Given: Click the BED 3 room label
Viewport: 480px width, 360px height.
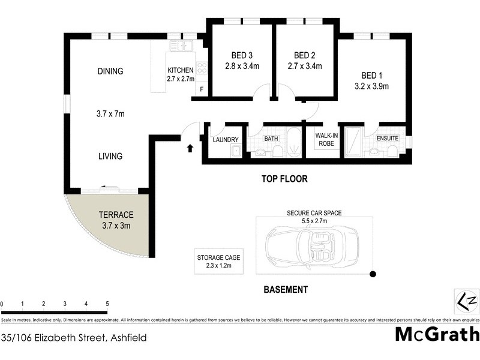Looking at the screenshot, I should coord(240,55).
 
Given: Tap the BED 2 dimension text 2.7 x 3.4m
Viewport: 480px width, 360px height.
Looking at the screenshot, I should coord(305,67).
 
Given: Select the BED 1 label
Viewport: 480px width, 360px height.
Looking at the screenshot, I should coord(371,75).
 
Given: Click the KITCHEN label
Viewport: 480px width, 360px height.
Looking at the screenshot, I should coord(180,70).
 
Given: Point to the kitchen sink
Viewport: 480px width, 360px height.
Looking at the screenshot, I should coord(180,46).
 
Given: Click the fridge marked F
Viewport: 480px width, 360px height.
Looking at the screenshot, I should coord(201,90).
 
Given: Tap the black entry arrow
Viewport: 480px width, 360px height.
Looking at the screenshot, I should coord(191,148).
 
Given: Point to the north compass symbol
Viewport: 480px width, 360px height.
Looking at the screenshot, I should coord(467,300).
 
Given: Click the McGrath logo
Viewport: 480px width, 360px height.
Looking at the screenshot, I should coord(437,335).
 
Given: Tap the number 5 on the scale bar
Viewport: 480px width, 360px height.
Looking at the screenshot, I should coord(107,304).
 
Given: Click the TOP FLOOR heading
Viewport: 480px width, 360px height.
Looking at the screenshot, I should coord(284,179).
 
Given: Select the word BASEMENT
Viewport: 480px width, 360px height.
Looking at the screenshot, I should coord(286,290).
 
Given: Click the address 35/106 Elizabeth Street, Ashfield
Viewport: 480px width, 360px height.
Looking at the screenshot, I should coord(74,338).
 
